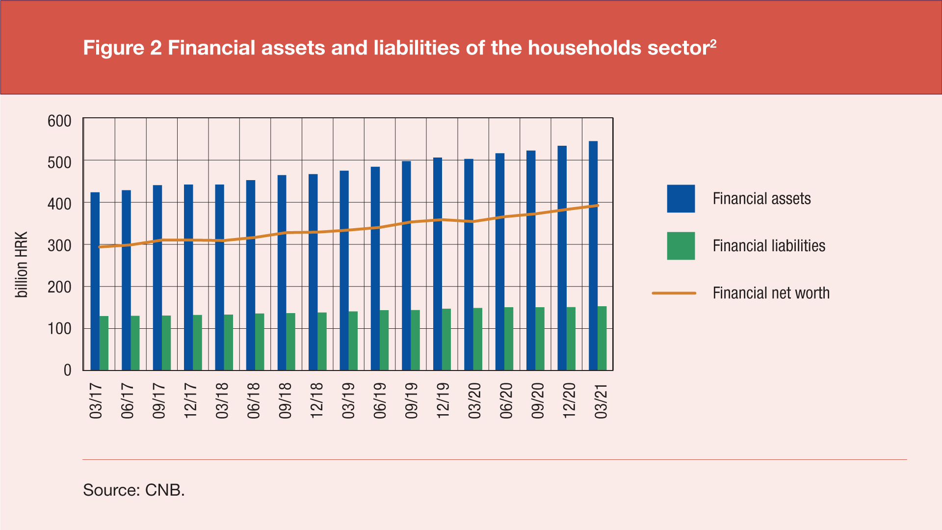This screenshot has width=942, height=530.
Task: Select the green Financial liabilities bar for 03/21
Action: coord(602,338)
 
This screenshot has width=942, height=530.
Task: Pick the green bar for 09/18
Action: coord(291,342)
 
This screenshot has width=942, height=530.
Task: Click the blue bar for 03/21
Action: coord(593,256)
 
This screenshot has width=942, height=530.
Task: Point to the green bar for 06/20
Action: coord(509,339)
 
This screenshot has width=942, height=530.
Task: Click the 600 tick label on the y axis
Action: coord(59,121)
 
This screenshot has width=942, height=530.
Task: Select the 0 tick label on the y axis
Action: coord(67,370)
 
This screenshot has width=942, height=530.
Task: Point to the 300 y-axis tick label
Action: coord(59,245)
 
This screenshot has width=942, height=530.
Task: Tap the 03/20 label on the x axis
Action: coord(474,401)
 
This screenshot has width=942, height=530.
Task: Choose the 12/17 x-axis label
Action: coord(190,401)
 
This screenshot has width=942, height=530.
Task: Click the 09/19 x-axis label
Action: coord(411,401)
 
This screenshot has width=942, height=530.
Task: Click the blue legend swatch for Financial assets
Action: coord(680,199)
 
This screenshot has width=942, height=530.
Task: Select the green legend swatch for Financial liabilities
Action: coord(680,246)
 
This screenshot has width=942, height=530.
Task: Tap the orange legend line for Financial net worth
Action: coord(674,293)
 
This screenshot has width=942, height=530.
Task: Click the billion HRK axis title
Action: coord(22,265)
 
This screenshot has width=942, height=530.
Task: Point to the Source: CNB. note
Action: coord(134,490)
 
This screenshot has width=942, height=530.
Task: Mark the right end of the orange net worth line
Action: coord(598,206)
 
